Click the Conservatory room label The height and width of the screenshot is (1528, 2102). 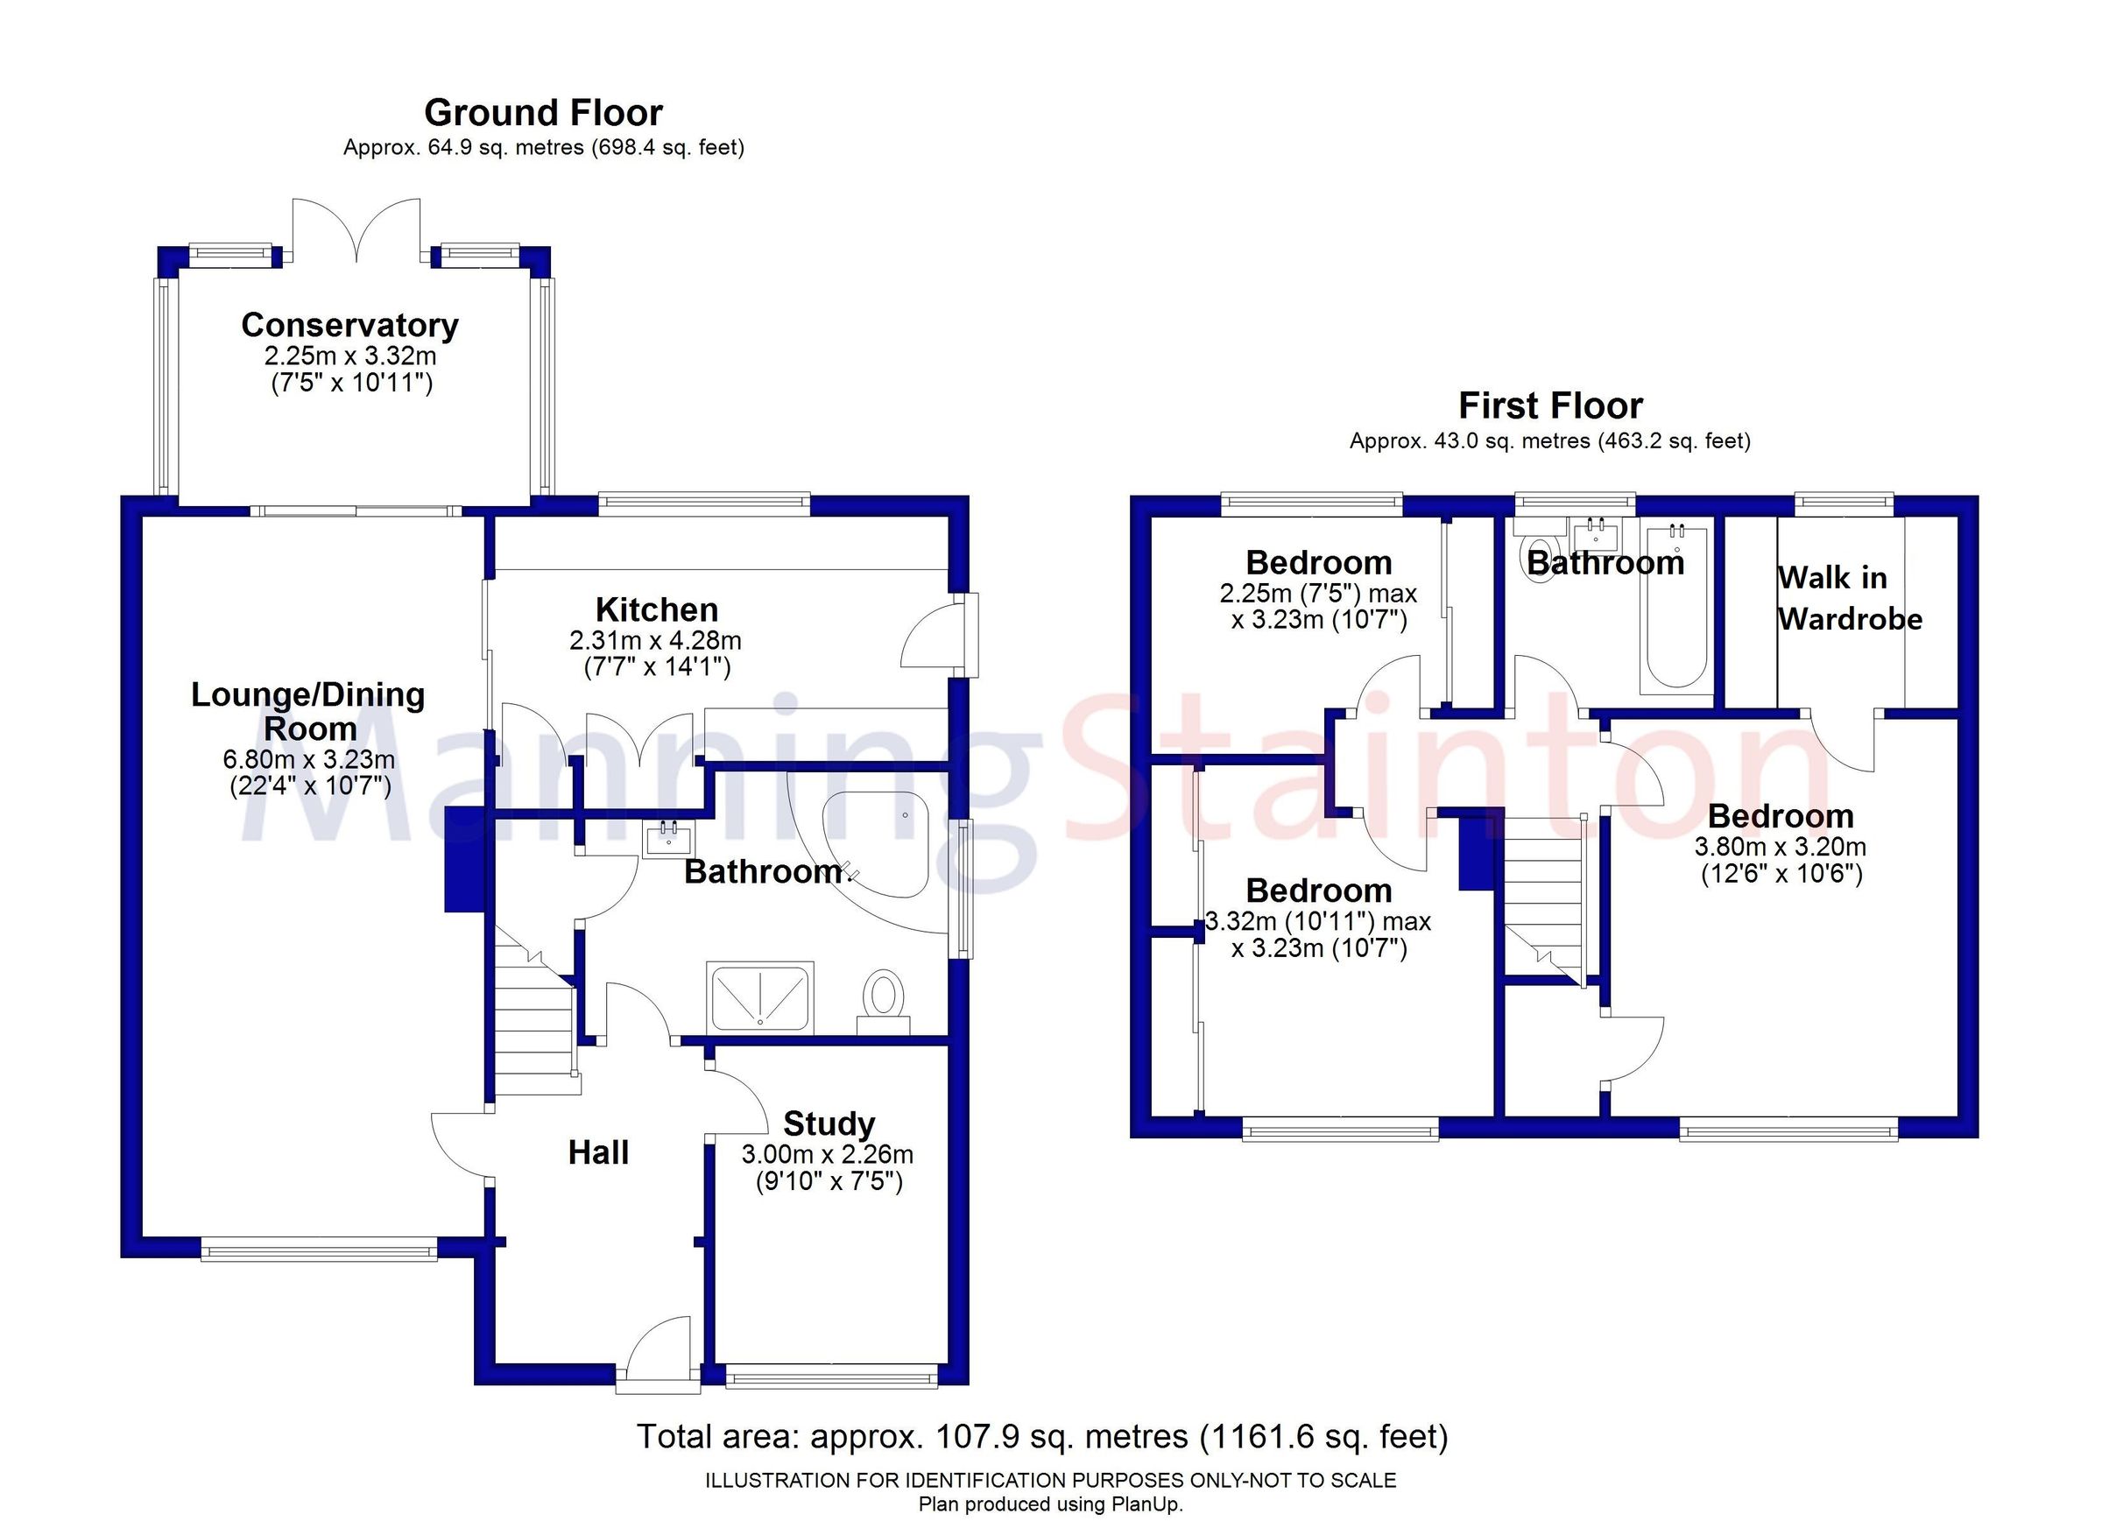[349, 325]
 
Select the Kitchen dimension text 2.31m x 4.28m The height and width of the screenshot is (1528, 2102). [655, 640]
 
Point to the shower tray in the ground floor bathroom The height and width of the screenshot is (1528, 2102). [759, 996]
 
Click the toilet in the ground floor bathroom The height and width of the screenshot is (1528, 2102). [883, 997]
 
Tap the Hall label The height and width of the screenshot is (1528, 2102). [598, 1152]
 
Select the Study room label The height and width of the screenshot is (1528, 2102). [829, 1124]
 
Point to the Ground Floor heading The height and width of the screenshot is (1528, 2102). [543, 113]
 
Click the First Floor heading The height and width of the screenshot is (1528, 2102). [1550, 405]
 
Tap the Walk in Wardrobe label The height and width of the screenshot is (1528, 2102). [1848, 599]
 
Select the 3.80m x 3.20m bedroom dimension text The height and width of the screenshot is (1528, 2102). [1780, 846]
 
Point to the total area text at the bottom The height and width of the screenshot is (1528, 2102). [1041, 1436]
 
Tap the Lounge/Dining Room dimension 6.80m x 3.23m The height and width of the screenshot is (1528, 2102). [308, 760]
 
